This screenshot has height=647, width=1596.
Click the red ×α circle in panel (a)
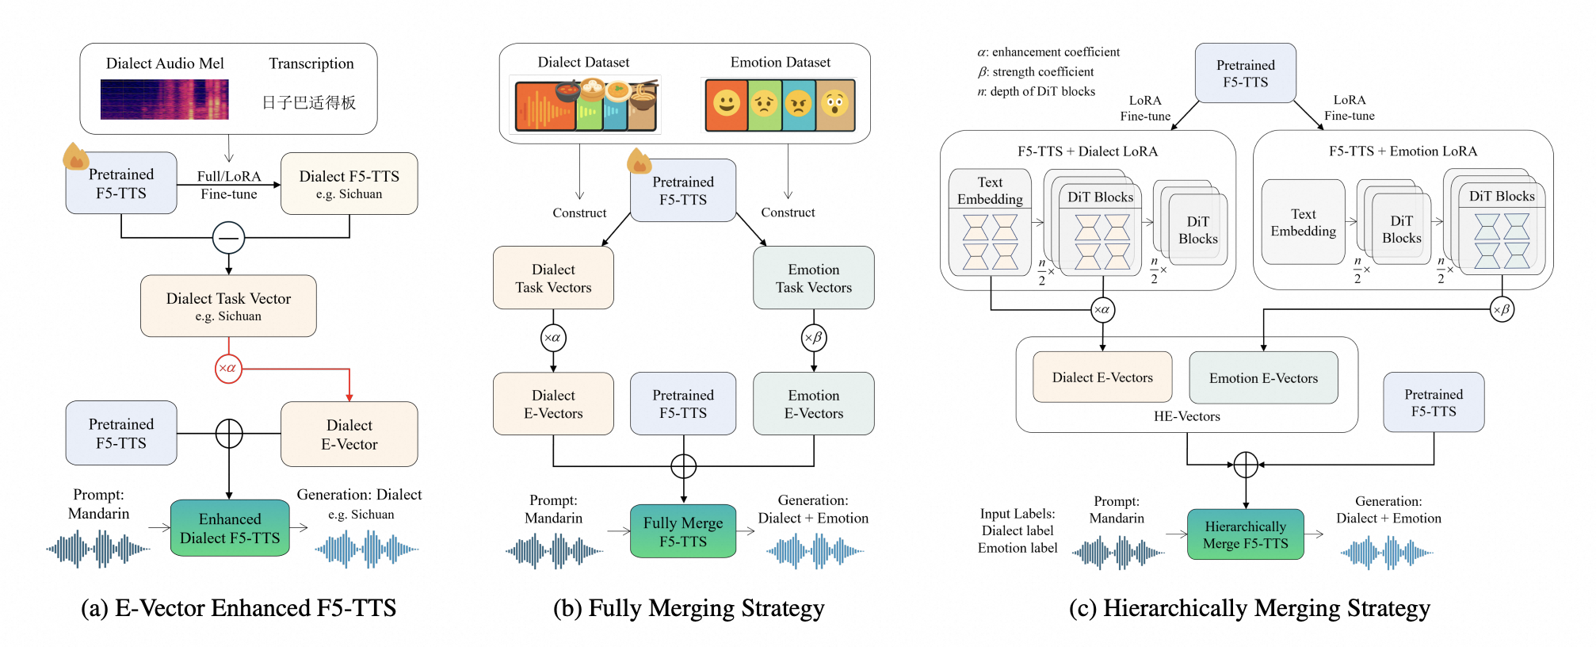point(228,369)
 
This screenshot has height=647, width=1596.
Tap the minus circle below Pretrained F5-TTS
point(228,238)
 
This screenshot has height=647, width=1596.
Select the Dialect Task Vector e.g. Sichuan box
point(228,306)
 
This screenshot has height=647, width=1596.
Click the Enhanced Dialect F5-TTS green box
point(230,528)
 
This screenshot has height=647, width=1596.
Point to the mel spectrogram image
point(164,100)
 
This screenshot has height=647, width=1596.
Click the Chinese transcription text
point(309,102)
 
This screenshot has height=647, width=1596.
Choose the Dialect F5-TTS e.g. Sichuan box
point(349,184)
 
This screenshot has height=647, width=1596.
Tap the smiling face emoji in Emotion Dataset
point(726,104)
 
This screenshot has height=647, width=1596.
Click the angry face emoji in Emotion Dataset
point(799,104)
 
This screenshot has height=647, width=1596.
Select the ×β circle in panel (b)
point(814,338)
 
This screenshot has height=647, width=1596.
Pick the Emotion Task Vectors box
point(814,278)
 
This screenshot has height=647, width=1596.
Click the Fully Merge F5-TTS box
point(683,531)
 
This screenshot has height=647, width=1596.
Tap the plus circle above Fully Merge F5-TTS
point(683,466)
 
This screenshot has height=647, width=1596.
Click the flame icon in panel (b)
point(639,162)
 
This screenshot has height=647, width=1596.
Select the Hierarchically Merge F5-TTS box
point(1245,535)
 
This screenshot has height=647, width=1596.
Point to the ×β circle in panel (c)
point(1502,309)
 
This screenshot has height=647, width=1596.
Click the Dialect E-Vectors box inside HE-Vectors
point(1102,377)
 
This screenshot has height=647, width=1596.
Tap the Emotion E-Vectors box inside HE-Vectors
point(1263,378)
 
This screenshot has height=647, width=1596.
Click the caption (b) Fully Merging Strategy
point(689,608)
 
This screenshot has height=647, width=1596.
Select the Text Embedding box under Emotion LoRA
point(1303,223)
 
